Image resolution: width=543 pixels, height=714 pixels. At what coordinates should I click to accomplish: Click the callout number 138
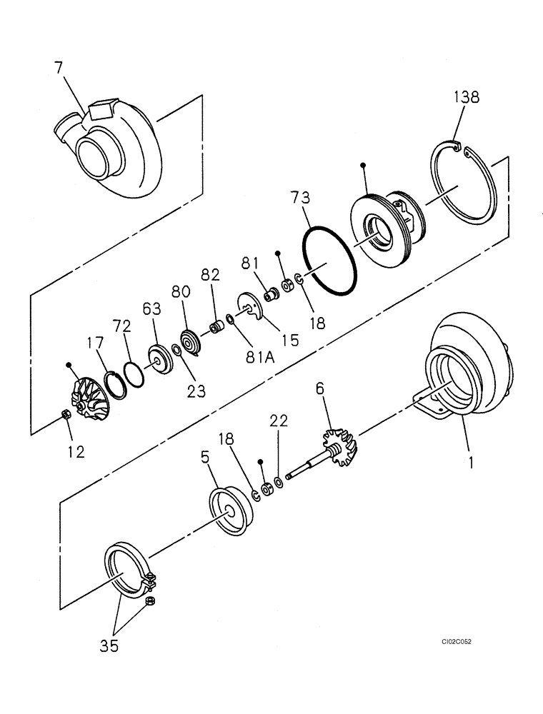pos(468,98)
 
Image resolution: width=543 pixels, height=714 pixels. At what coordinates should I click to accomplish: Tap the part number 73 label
pos(300,197)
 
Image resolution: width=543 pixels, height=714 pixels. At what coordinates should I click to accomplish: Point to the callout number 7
pos(59,68)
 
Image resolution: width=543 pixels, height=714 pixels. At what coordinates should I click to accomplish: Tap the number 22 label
pos(278,421)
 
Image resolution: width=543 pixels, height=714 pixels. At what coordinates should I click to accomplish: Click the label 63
pos(151,311)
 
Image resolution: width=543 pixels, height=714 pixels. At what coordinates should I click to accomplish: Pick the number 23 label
pos(196,390)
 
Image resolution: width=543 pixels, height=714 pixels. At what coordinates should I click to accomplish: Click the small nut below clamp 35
pos(151,602)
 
